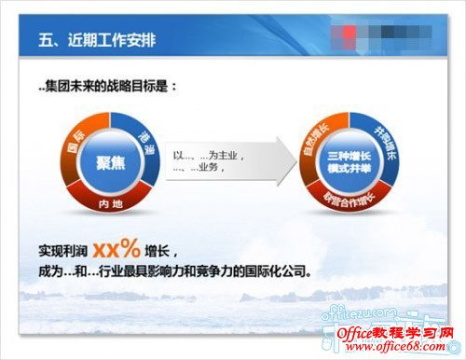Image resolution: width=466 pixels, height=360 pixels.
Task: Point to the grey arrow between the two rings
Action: coord(224,163)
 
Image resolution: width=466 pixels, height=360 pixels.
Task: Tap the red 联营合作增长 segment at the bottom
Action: coord(346,199)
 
